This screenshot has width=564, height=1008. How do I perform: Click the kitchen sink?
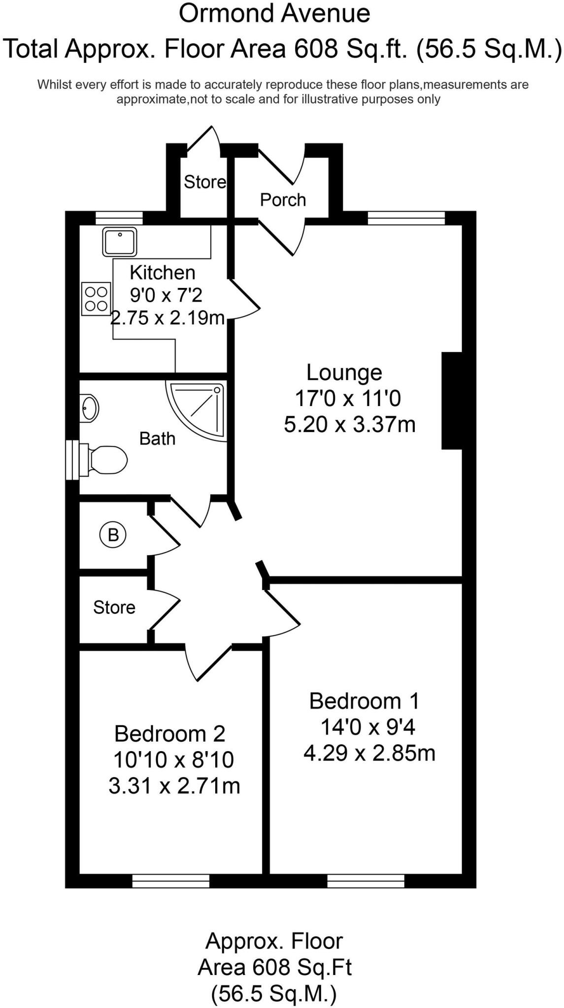pyautogui.click(x=120, y=241)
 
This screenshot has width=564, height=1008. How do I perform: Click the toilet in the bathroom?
pyautogui.click(x=106, y=460)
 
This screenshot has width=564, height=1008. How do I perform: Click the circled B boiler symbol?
pyautogui.click(x=113, y=535)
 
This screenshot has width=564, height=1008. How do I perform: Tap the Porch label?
pyautogui.click(x=283, y=200)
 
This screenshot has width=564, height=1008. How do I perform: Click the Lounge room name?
pyautogui.click(x=344, y=373)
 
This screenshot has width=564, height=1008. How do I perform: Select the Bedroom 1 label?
pyautogui.click(x=364, y=701)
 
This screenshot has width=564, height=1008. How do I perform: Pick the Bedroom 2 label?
pyautogui.click(x=169, y=734)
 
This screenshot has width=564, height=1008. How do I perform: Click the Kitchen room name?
pyautogui.click(x=162, y=272)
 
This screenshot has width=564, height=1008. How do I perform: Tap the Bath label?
pyautogui.click(x=157, y=439)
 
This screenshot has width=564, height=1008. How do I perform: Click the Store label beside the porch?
pyautogui.click(x=204, y=182)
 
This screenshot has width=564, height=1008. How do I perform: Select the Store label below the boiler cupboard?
pyautogui.click(x=114, y=607)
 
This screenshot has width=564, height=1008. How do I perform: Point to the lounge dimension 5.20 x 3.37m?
pyautogui.click(x=350, y=424)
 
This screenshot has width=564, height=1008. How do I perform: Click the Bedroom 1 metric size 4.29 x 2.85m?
pyautogui.click(x=369, y=753)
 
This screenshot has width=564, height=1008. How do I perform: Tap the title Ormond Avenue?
pyautogui.click(x=274, y=14)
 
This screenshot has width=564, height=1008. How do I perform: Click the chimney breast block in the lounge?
pyautogui.click(x=452, y=401)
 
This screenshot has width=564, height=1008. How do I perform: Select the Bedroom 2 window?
pyautogui.click(x=171, y=881)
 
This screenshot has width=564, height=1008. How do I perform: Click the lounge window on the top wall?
pyautogui.click(x=406, y=218)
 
